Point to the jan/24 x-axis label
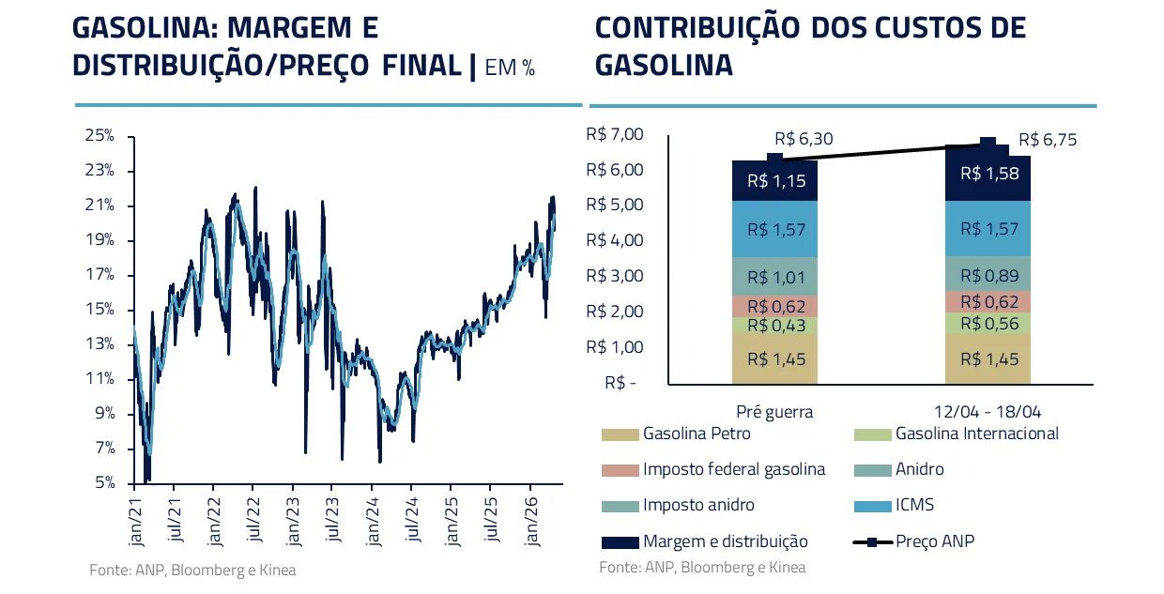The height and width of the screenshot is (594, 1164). (372, 515)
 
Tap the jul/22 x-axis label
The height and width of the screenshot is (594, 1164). (253, 515)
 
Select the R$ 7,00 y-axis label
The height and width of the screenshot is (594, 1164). (614, 135)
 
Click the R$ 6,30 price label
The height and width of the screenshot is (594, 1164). (804, 139)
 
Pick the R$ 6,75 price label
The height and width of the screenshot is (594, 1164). (1047, 140)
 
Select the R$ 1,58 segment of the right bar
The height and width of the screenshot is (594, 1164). (988, 174)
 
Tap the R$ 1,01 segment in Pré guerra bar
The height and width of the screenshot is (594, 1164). (775, 277)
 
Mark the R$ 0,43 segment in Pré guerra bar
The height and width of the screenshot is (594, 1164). (775, 325)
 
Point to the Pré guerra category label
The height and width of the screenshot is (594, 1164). (774, 411)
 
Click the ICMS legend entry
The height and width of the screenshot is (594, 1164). (914, 505)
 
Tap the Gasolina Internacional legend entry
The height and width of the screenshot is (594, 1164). (976, 434)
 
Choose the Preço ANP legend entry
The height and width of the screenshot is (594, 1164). (934, 541)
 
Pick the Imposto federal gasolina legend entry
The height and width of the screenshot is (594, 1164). (733, 469)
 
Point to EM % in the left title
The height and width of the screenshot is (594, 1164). (510, 67)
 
